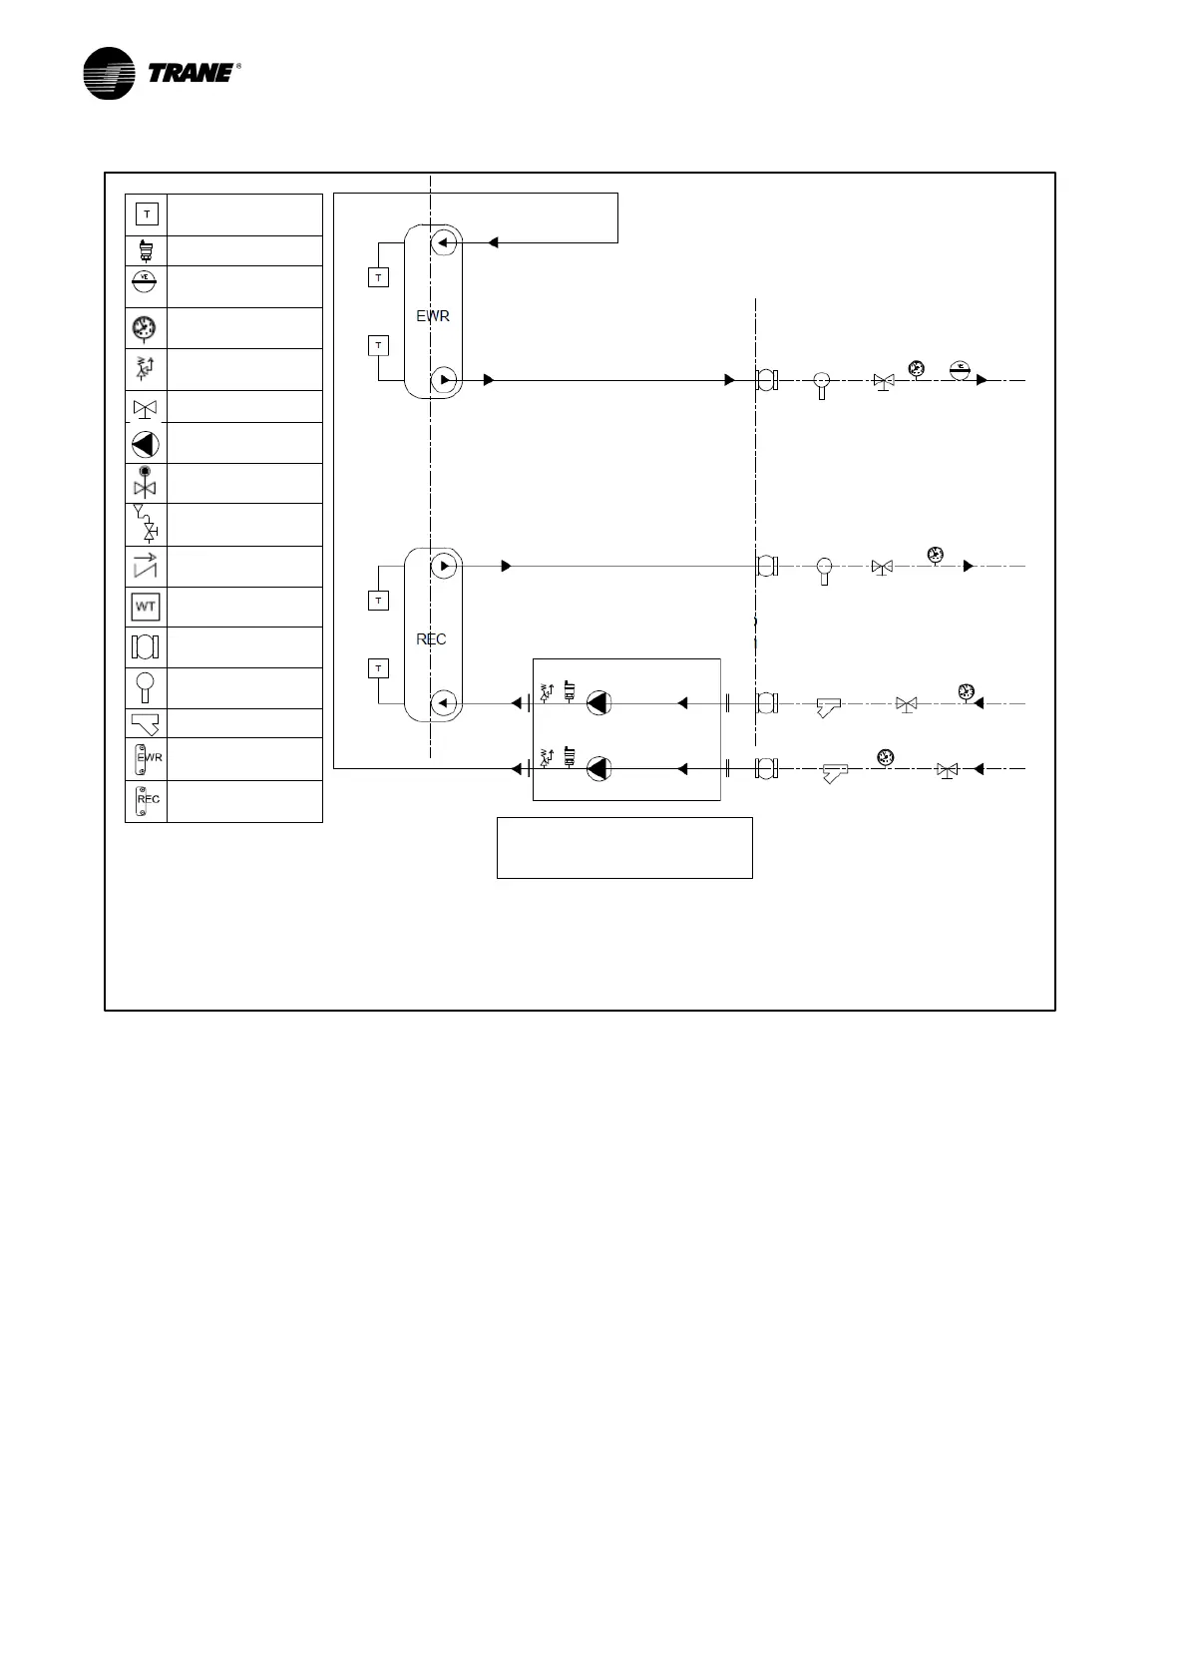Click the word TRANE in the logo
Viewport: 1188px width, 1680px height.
[191, 73]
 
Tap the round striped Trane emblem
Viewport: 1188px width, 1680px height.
[109, 74]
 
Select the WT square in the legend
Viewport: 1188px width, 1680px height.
[146, 607]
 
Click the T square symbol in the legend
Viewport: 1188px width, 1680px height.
[147, 214]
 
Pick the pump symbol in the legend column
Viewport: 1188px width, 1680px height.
[145, 444]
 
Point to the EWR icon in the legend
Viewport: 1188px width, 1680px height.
[146, 758]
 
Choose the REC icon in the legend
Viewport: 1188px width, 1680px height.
[146, 800]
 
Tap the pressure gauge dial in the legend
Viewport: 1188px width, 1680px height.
[145, 327]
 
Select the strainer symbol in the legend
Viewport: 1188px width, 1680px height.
[146, 723]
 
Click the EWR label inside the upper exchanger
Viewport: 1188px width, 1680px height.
[433, 316]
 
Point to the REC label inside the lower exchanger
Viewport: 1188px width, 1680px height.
[431, 639]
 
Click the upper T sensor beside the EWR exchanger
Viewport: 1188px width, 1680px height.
[378, 277]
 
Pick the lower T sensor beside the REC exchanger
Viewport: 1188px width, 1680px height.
[378, 668]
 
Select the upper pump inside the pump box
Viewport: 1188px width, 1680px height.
[597, 703]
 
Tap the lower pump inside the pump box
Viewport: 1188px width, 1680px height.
[597, 769]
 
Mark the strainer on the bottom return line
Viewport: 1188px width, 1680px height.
[834, 772]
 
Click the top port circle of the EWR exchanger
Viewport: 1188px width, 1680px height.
[445, 242]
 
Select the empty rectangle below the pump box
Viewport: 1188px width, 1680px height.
[624, 848]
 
